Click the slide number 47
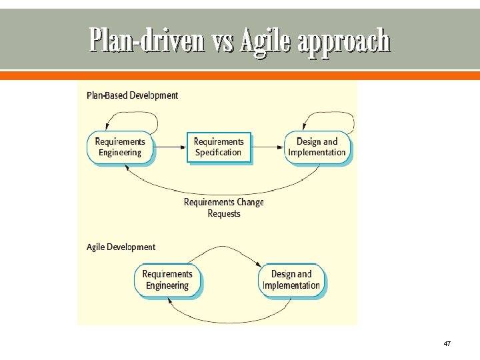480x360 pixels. coord(447,343)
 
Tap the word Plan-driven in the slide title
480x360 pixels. coord(146,41)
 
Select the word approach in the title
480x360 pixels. coord(344,41)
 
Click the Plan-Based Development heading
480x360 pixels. coord(133,95)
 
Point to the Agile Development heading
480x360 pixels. coord(121,247)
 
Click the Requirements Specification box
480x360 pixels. coord(219,147)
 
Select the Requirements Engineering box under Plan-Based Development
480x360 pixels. coord(120,147)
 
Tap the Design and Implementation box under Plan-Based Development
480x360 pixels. coord(317,147)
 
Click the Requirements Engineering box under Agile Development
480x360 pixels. coord(167,280)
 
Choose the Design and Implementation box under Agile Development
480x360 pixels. coord(291,280)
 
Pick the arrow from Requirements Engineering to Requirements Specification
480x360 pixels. coord(170,147)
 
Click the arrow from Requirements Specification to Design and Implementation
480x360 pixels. coord(268,147)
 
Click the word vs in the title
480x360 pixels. coord(224,41)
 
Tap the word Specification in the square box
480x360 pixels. coord(219,153)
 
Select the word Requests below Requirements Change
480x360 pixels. coord(224,213)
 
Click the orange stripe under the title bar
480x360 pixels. coord(240,76)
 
